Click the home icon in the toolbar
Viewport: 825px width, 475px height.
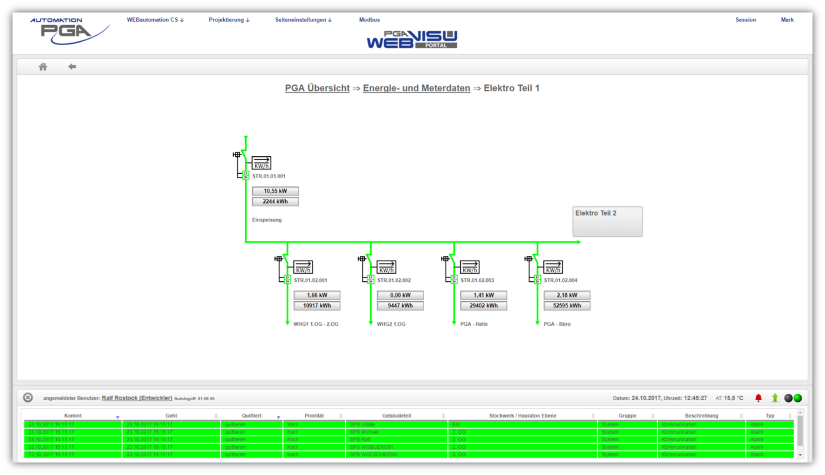pos(43,67)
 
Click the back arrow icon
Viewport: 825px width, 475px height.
pos(72,66)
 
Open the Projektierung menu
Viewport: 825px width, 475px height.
pos(229,20)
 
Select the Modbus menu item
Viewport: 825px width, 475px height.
pos(369,20)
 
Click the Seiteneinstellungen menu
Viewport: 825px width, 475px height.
pos(303,20)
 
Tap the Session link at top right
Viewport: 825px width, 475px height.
pos(746,20)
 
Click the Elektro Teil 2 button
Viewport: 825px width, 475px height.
pos(607,221)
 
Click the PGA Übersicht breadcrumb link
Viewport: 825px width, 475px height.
pos(317,88)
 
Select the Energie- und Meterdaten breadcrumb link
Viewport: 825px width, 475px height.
pos(416,88)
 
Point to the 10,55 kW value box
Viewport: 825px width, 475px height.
pos(275,191)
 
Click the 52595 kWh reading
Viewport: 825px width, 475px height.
pos(567,306)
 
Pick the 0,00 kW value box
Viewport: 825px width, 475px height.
pos(400,295)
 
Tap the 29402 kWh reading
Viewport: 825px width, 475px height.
pos(483,306)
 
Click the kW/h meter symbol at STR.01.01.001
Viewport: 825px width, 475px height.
pos(261,163)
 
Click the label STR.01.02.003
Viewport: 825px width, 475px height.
pos(477,280)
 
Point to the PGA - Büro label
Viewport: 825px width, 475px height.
pos(557,324)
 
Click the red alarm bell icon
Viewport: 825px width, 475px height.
pos(758,398)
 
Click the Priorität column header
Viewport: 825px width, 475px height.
pos(314,416)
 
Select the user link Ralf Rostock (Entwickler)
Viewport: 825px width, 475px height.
pos(137,398)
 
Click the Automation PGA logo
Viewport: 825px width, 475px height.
pos(69,31)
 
